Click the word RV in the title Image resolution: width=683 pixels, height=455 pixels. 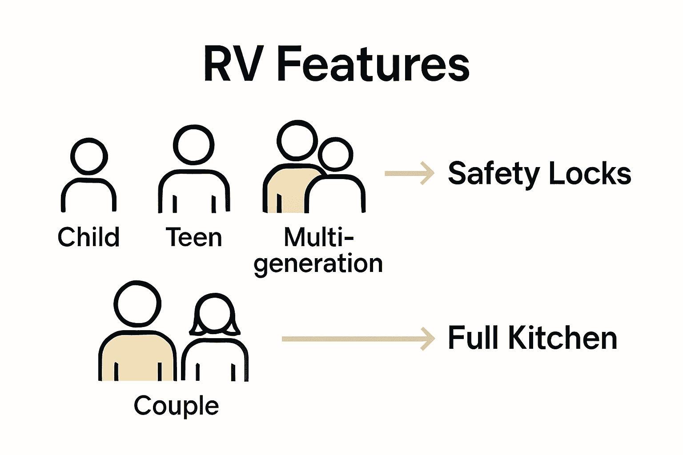tap(233, 64)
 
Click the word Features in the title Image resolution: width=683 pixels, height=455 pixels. tap(373, 64)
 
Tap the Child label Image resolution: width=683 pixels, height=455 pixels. tap(88, 237)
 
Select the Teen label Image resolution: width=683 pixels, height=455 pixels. tap(194, 237)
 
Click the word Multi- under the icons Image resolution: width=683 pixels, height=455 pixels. tap(318, 237)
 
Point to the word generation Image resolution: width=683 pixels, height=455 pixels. tap(318, 264)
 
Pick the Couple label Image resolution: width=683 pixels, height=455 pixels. tap(177, 406)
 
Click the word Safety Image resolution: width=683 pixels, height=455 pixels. tap(493, 173)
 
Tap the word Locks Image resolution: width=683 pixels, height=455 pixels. tap(590, 173)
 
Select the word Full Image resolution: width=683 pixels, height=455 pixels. tap(474, 338)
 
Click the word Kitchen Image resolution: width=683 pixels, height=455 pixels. tap(562, 338)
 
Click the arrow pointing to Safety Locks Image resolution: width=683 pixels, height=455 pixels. tap(409, 173)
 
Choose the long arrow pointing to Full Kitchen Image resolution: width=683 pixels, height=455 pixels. tap(358, 339)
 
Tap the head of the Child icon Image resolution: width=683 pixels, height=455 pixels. tap(89, 156)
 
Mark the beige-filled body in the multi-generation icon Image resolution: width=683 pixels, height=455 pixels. tap(287, 189)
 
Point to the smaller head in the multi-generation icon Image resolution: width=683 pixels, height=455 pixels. tap(336, 155)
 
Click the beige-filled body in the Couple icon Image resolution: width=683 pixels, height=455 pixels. tap(137, 355)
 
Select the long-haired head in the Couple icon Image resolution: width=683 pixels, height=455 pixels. tap(215, 313)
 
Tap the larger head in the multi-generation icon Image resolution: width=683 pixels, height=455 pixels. tap(297, 140)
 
